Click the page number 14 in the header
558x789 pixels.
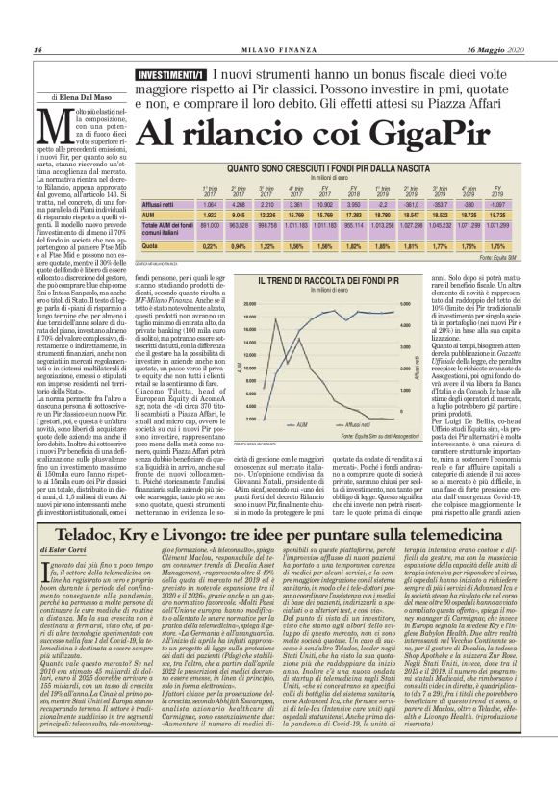coord(38,50)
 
